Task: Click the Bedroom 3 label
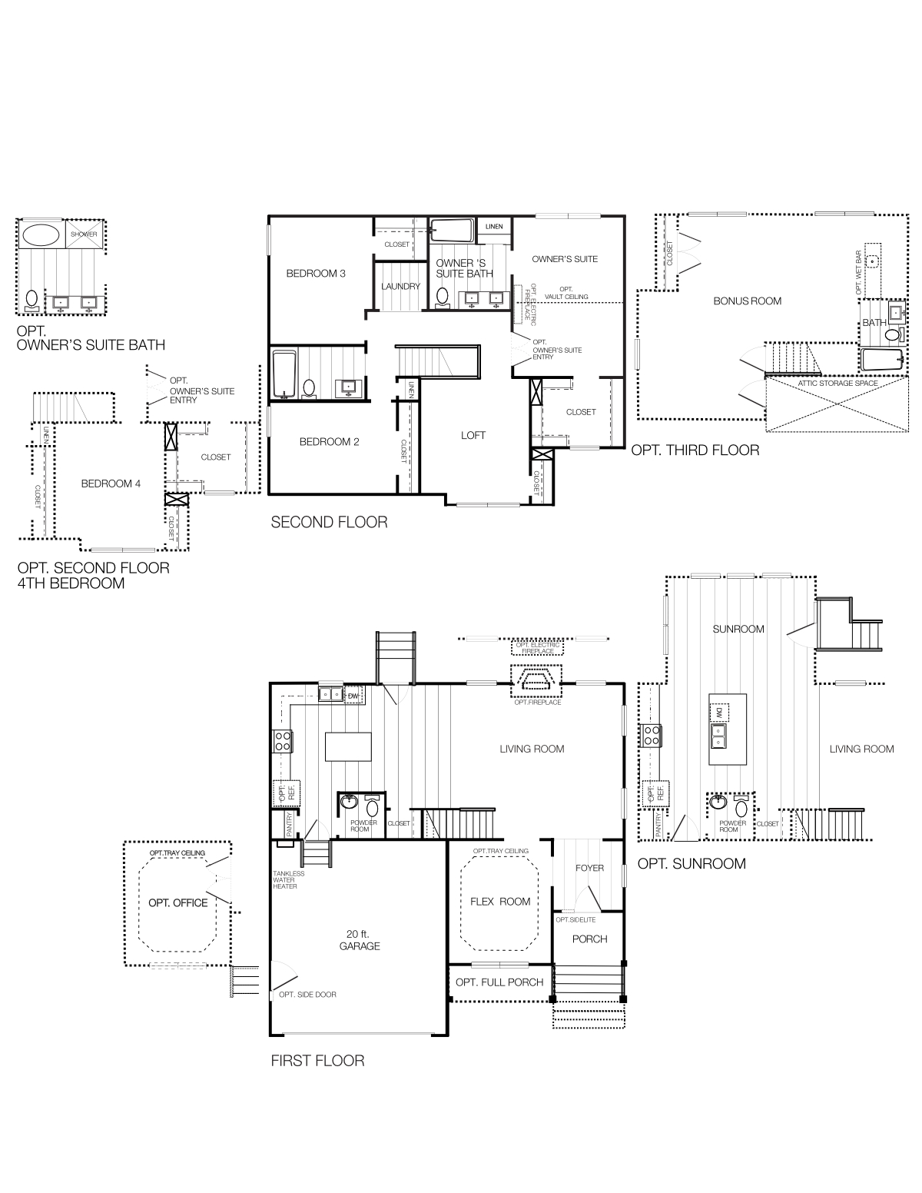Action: (x=316, y=274)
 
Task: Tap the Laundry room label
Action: (x=400, y=286)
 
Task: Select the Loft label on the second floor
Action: (x=473, y=435)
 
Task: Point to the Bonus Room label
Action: (x=747, y=301)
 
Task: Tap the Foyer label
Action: (x=589, y=868)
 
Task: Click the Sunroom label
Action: (x=738, y=629)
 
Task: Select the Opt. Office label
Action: (x=178, y=903)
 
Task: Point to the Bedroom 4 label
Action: (x=111, y=484)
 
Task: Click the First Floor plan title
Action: (x=317, y=1061)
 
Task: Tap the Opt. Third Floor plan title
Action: (x=695, y=450)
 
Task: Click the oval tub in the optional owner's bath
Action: (x=41, y=235)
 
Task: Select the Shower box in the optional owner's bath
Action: (x=84, y=234)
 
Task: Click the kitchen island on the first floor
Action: (x=348, y=746)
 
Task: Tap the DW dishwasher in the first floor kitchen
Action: (x=353, y=696)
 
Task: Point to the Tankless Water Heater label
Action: (x=288, y=880)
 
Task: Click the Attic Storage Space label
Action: (x=837, y=384)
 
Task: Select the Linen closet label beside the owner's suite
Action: (x=494, y=226)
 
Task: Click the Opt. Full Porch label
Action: (x=499, y=982)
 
